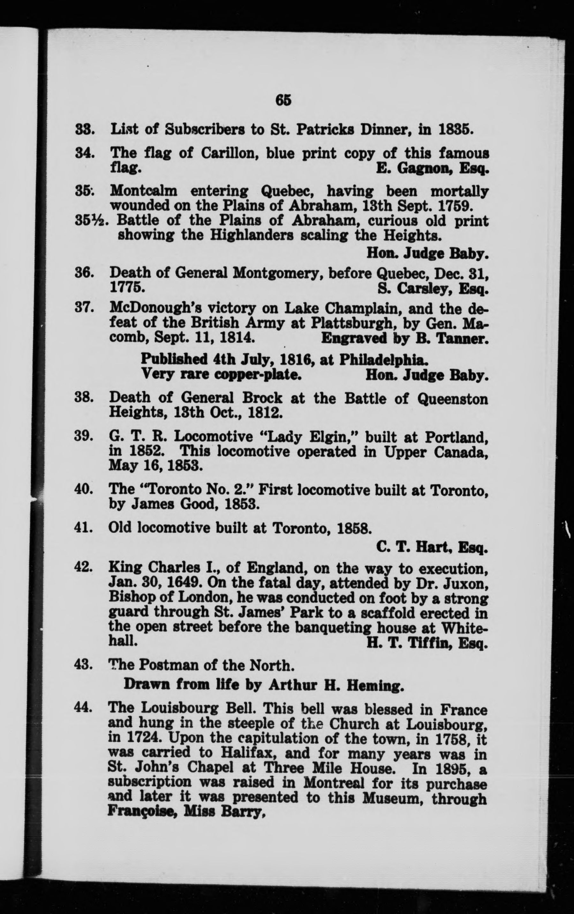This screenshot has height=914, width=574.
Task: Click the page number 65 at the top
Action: coord(283,100)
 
